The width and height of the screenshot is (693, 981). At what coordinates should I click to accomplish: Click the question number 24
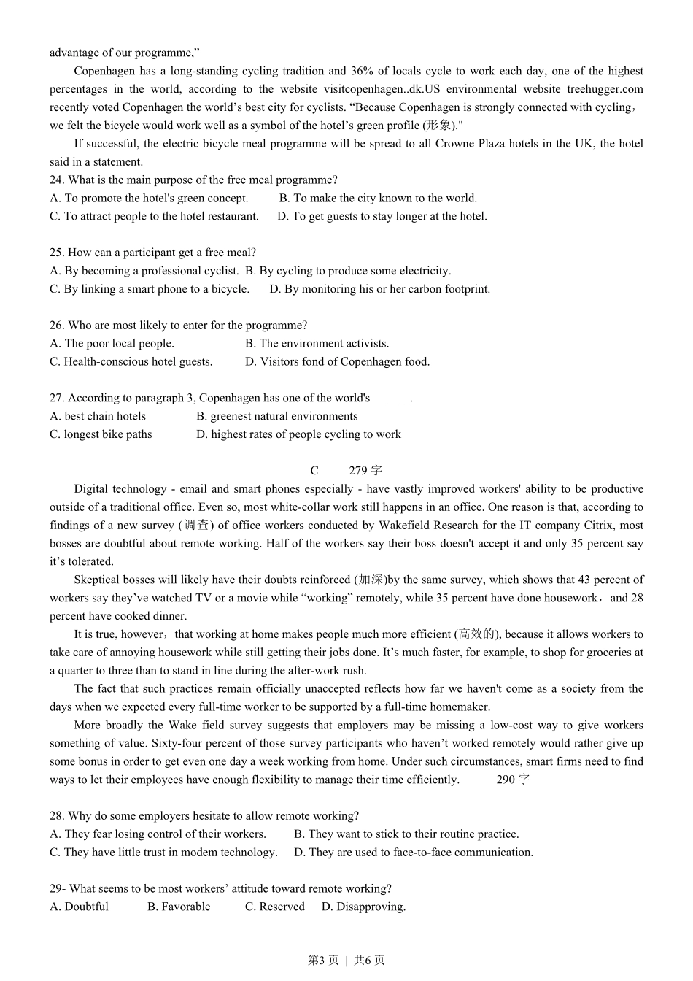57,180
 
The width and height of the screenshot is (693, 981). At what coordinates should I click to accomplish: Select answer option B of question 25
348,271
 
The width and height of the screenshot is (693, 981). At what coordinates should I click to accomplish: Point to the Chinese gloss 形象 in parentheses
439,126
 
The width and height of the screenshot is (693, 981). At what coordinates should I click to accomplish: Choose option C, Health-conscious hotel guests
131,361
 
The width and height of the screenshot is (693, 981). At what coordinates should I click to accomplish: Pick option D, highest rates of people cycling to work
298,434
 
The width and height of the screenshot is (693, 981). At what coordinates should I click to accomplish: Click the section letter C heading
314,471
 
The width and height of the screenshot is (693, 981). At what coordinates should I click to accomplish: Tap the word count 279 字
365,471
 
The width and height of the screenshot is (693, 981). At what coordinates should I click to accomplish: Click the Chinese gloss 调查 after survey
196,525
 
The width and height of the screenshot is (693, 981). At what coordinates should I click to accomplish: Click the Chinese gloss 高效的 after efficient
477,634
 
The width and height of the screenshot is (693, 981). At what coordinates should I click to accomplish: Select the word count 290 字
513,780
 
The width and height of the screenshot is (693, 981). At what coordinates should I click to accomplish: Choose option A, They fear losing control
158,834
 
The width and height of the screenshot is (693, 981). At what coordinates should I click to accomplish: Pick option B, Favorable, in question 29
179,907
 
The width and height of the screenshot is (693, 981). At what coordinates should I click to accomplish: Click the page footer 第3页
323,961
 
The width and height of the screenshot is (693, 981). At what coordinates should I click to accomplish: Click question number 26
57,326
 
